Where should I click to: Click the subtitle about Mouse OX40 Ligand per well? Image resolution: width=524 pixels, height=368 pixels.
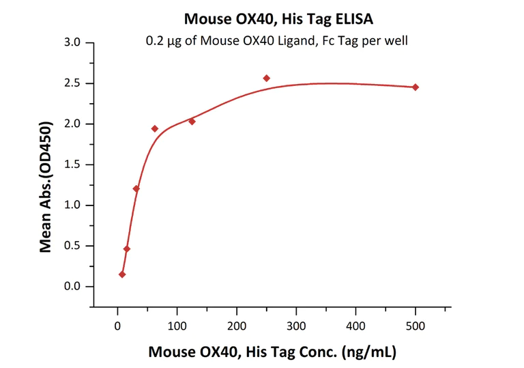(x=276, y=40)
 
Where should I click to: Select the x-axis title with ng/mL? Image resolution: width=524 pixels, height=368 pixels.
(x=272, y=353)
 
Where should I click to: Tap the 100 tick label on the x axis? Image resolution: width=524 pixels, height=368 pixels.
(x=177, y=326)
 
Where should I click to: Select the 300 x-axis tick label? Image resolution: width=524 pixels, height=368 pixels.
(x=296, y=326)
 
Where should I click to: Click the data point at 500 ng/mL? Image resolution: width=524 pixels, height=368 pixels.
(x=416, y=87)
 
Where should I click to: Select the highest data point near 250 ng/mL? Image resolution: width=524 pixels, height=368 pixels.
(x=266, y=79)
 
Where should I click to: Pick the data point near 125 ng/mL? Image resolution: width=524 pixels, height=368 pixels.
(x=192, y=122)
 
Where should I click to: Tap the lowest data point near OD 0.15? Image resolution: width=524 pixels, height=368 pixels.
(x=122, y=274)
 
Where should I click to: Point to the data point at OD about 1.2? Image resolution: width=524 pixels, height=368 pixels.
(x=136, y=188)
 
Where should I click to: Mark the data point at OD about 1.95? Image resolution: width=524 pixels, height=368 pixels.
(x=155, y=128)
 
